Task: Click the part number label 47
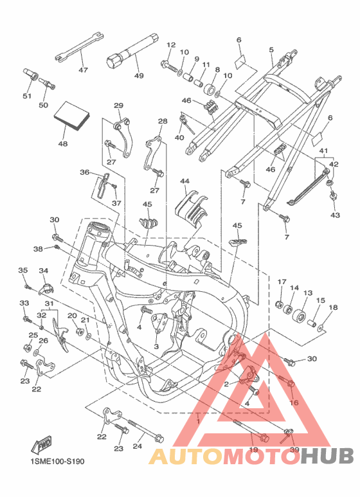coord(83,69)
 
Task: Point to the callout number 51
coord(27,96)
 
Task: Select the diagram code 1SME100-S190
coord(57,461)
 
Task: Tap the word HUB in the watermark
coord(327,456)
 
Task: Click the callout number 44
coord(184,181)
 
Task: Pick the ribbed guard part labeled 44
coord(192,208)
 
